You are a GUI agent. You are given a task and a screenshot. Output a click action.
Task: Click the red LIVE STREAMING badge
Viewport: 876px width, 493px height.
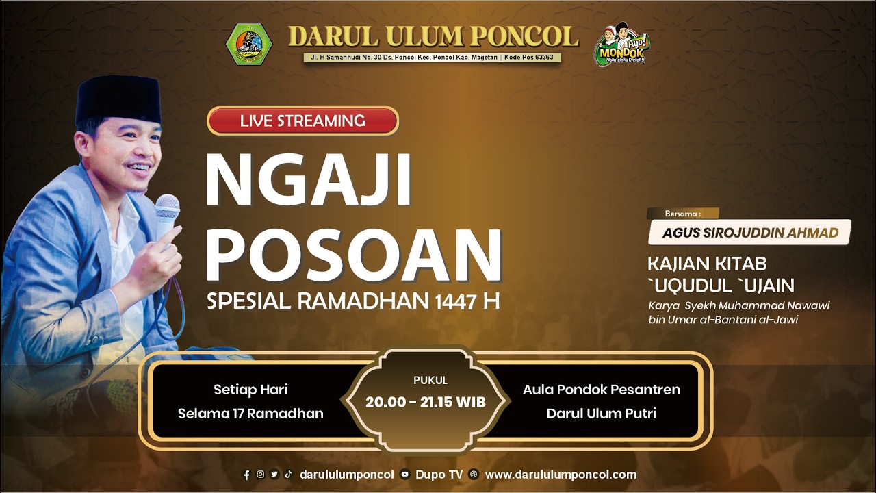coord(302,121)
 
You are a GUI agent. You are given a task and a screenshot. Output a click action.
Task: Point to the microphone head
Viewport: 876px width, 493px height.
coord(167,207)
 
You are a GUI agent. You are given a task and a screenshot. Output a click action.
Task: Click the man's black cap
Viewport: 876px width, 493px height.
coord(118,99)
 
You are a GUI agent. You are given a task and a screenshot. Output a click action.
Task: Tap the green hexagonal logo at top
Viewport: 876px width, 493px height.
coord(249,44)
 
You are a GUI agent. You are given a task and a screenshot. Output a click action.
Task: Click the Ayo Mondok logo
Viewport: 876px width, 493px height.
coord(621,45)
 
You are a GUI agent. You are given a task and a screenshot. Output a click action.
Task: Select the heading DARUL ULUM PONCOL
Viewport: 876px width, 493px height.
coord(433,37)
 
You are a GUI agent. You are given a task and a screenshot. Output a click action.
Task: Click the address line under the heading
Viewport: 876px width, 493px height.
coord(433,58)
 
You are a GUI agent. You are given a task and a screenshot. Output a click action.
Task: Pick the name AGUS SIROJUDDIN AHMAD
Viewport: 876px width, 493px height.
coord(750,233)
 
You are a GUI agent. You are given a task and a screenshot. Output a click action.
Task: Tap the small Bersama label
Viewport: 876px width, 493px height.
coord(683,214)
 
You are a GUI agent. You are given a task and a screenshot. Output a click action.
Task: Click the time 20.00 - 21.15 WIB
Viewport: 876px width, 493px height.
coord(426,402)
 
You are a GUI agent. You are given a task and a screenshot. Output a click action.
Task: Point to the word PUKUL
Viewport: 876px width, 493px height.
coord(430,380)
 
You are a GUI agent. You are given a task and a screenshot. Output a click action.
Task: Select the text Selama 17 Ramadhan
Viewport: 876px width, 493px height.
coord(250,414)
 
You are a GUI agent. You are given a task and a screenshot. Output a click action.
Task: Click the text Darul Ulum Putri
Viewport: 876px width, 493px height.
coord(602,414)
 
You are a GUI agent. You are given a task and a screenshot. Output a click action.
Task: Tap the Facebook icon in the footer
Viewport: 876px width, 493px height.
coord(246,475)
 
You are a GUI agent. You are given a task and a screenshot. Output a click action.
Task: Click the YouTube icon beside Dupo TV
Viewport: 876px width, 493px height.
coord(405,475)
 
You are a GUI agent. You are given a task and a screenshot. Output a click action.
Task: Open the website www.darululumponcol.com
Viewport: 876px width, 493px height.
coord(561,475)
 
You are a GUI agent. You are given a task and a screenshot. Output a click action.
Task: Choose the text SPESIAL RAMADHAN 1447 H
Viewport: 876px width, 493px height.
coord(353,301)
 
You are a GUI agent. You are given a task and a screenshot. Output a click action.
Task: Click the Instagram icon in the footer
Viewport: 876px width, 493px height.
coord(261,474)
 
